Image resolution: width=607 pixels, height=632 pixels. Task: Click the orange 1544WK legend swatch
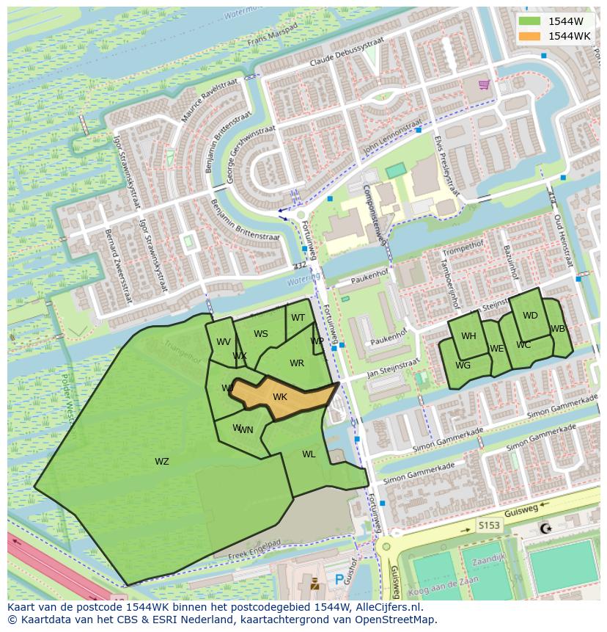tap(529, 36)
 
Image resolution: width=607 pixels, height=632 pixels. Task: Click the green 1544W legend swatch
tap(529, 21)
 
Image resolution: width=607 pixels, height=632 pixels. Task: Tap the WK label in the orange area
tap(280, 397)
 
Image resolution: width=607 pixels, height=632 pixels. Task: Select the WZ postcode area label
tap(162, 462)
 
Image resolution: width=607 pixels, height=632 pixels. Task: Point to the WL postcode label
tap(309, 454)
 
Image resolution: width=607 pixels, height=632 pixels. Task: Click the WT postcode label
tap(298, 318)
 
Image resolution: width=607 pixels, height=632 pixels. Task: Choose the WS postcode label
tap(261, 334)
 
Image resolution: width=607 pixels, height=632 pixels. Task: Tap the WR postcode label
tap(297, 363)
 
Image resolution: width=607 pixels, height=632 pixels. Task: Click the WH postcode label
tap(468, 336)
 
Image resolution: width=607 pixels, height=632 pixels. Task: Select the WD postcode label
tap(530, 316)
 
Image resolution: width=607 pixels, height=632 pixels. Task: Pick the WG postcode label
tap(463, 366)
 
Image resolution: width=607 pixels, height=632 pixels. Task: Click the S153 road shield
tap(489, 525)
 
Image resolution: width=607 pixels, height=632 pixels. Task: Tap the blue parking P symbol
tap(339, 579)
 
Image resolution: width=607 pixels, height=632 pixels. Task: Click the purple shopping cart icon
tap(484, 84)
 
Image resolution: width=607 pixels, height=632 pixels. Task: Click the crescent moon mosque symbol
tap(545, 529)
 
